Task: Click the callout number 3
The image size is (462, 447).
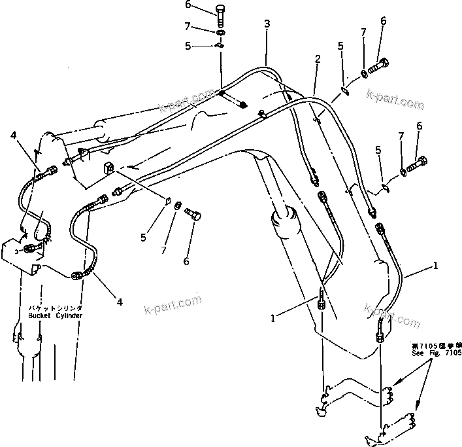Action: click(x=267, y=24)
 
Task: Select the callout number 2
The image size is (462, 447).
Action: click(x=316, y=59)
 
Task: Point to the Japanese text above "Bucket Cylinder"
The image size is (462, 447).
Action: click(x=55, y=308)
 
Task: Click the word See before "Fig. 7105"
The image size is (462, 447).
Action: click(x=418, y=353)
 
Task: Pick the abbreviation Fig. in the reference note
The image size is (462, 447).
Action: click(x=433, y=353)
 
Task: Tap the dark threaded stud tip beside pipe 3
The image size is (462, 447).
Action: click(x=244, y=105)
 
